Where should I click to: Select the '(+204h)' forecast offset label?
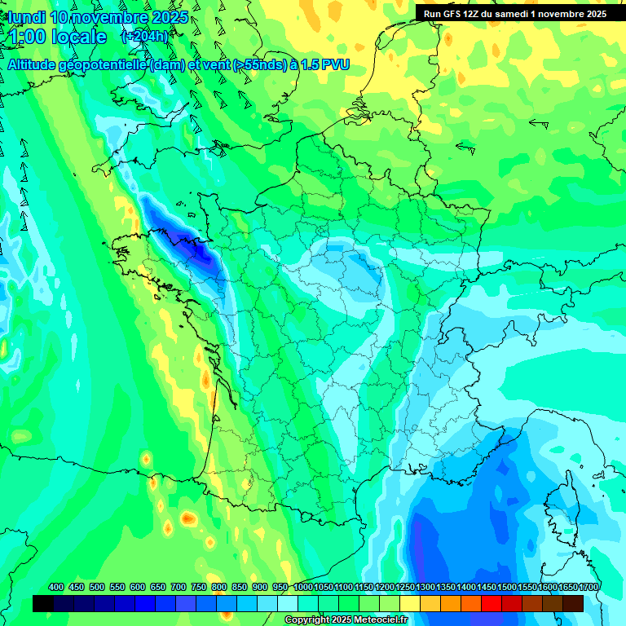click(x=144, y=37)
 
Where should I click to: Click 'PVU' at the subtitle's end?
click(x=336, y=65)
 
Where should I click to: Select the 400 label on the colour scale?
click(x=56, y=588)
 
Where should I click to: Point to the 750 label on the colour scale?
click(x=199, y=588)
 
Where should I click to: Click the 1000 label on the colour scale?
click(x=302, y=588)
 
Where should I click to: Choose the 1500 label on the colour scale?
click(x=506, y=588)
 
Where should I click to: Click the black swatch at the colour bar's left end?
click(x=43, y=603)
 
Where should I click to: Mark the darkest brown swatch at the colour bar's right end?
click(x=573, y=603)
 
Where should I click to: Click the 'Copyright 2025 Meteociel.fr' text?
click(x=346, y=620)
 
